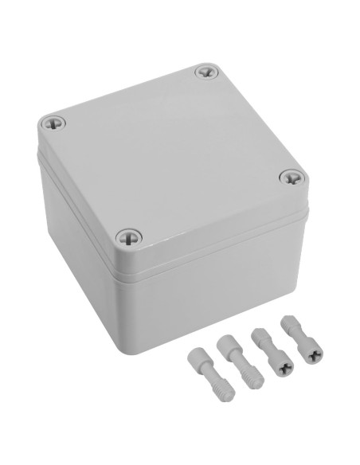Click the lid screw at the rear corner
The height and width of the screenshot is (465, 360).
205,72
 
